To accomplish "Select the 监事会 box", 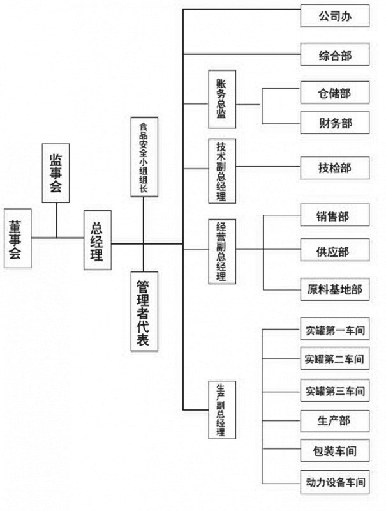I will point(56,172).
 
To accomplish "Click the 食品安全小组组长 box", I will point(144,156).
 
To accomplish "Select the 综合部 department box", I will point(335,54).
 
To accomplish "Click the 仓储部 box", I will point(335,93).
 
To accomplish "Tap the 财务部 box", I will point(335,123).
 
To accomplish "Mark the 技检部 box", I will point(335,168).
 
